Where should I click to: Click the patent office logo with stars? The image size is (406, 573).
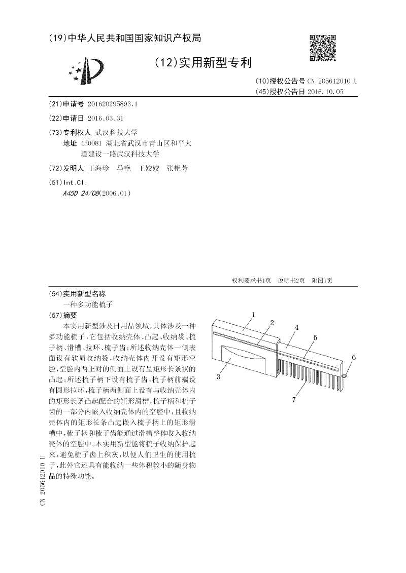pyautogui.click(x=87, y=71)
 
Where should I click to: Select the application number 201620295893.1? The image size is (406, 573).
pyautogui.click(x=113, y=103)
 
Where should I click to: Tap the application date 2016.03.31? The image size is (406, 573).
pyautogui.click(x=105, y=118)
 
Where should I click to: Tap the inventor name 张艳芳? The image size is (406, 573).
pyautogui.click(x=177, y=168)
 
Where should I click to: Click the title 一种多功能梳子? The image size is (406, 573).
pyautogui.click(x=87, y=304)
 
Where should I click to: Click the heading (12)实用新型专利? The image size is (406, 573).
pyautogui.click(x=202, y=63)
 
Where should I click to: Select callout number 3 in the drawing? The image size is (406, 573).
pyautogui.click(x=218, y=376)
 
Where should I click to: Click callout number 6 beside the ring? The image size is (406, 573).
pyautogui.click(x=354, y=358)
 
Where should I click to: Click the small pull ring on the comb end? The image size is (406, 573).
pyautogui.click(x=345, y=375)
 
